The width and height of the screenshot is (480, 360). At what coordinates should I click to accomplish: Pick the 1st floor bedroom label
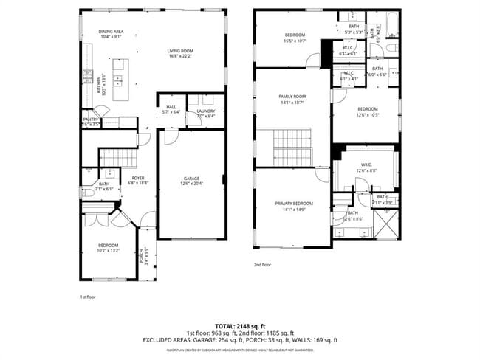(109, 247)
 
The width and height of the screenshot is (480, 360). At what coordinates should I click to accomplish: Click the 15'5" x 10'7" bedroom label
(295, 38)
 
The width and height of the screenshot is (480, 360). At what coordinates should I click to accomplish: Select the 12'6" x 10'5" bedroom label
(367, 111)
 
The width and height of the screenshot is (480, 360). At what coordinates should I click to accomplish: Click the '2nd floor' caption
(263, 264)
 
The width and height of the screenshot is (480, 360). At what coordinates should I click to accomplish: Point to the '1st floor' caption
(89, 297)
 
